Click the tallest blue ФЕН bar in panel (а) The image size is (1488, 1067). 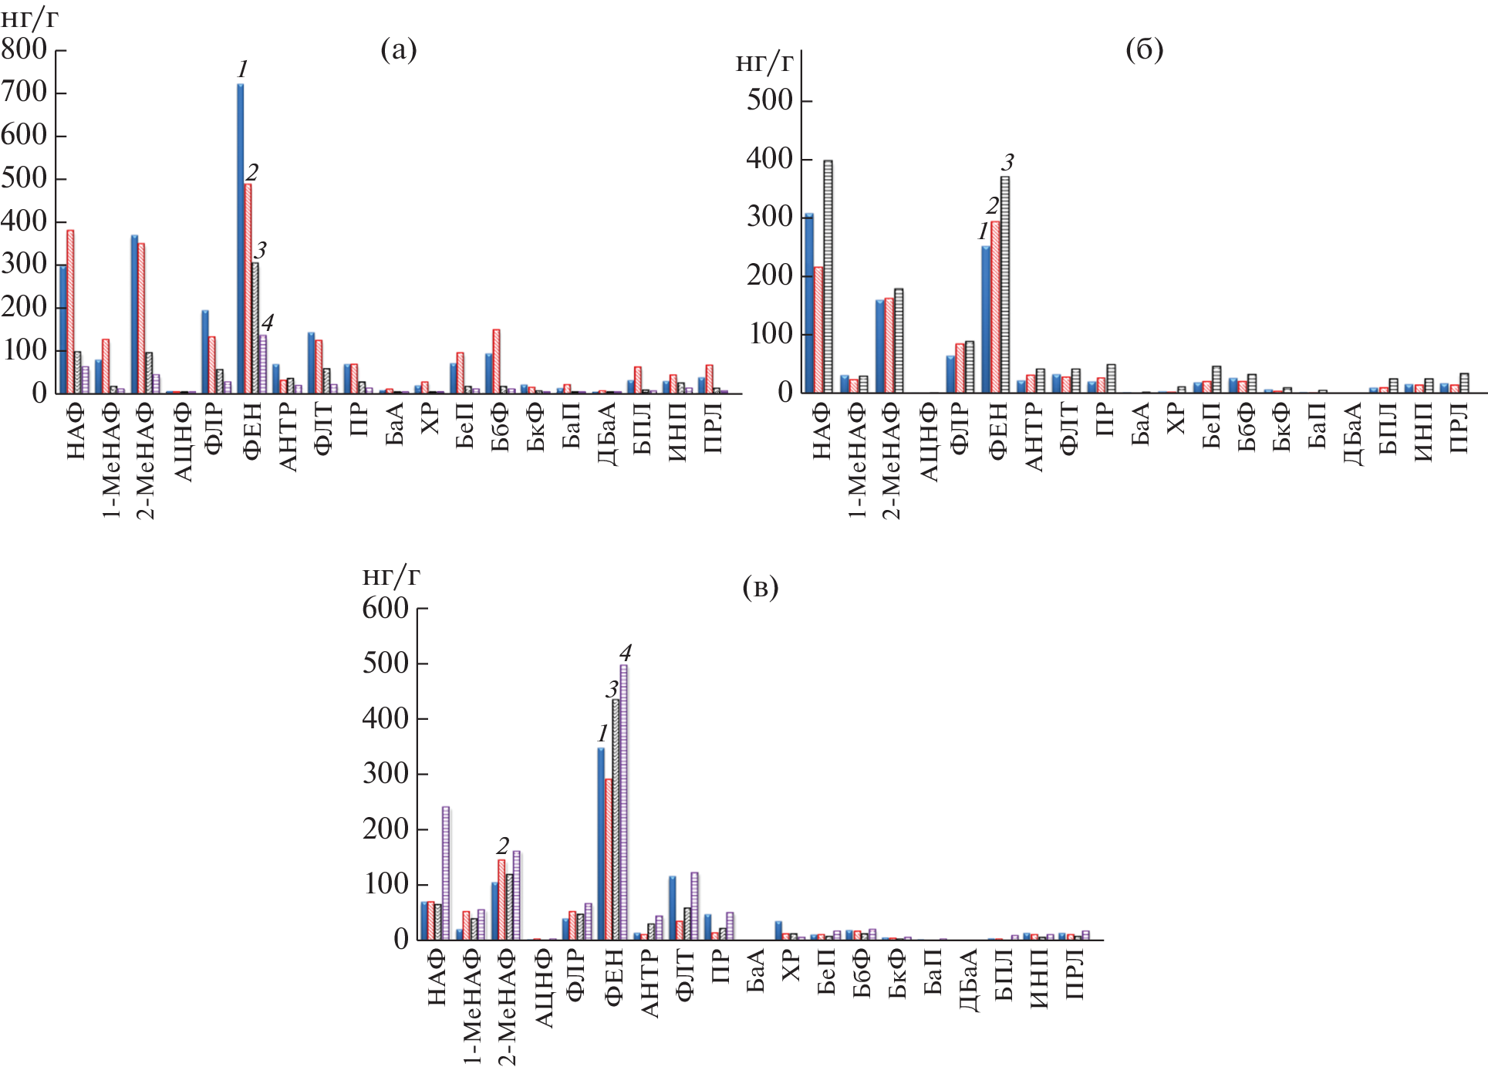tap(241, 239)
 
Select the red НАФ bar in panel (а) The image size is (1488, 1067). tap(70, 312)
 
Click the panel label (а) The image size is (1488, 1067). tap(399, 51)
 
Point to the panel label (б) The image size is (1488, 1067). tap(1145, 50)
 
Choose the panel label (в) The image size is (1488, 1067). tap(760, 588)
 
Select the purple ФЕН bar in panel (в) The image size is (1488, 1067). tap(624, 802)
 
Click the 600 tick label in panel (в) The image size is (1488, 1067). tap(385, 609)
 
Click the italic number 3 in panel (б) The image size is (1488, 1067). tap(1007, 163)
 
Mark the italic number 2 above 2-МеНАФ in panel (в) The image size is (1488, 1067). tap(503, 846)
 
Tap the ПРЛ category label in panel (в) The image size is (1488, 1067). tap(1075, 976)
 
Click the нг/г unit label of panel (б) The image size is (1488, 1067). tap(764, 63)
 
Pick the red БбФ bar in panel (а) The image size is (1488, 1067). tap(497, 361)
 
